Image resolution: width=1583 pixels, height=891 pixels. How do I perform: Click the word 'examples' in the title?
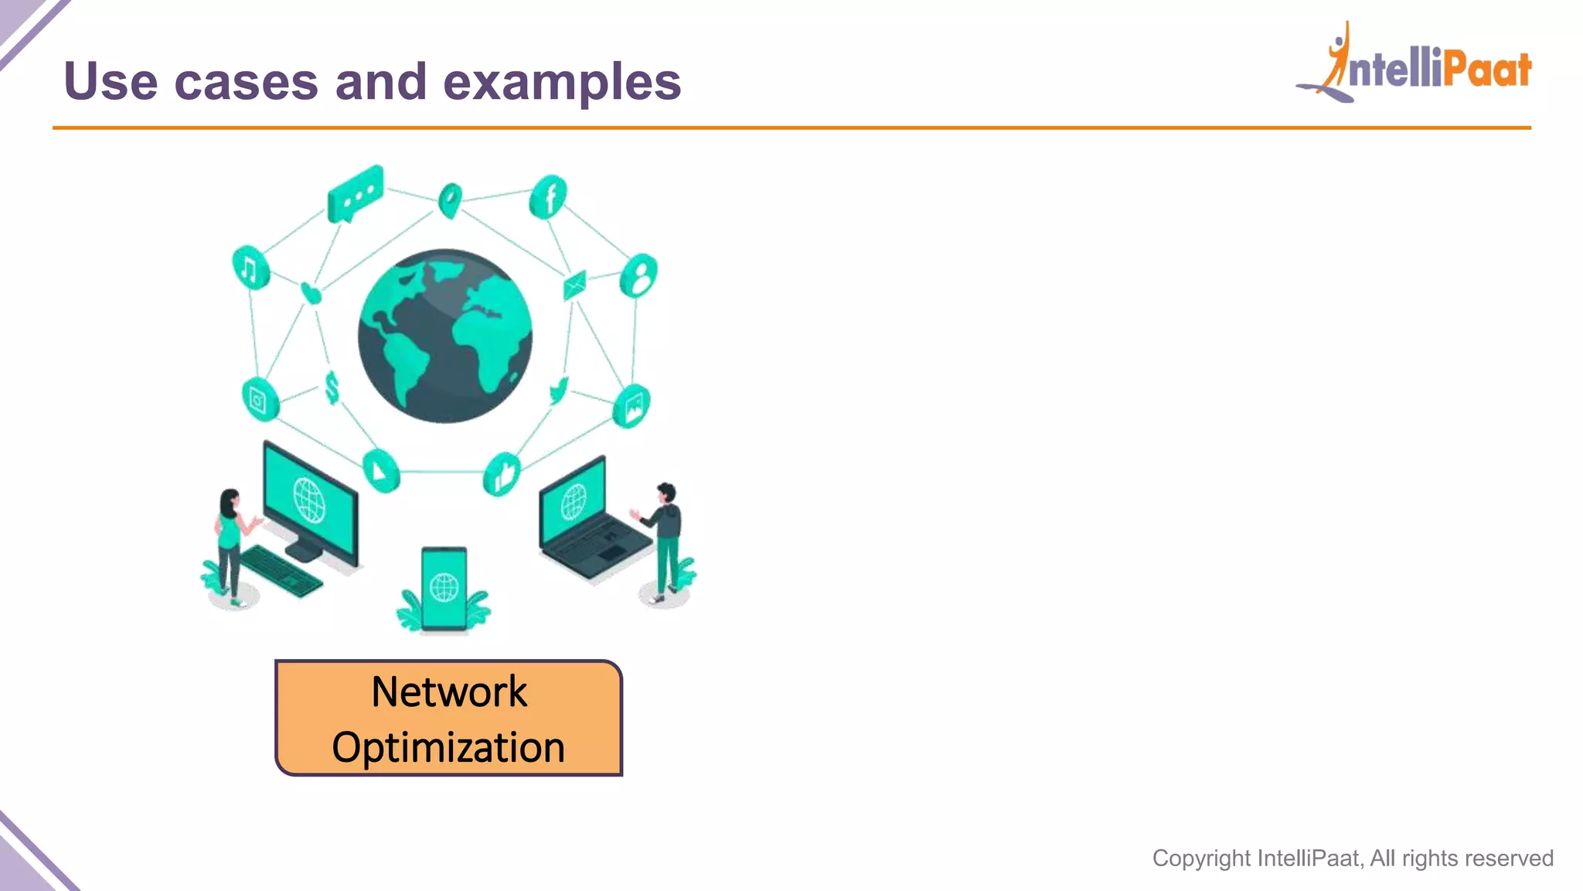tap(562, 82)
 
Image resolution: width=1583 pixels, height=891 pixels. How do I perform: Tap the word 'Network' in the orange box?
tap(448, 691)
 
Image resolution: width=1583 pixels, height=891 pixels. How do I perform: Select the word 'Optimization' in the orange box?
tap(448, 747)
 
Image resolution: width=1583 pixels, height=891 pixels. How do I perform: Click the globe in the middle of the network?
tap(445, 336)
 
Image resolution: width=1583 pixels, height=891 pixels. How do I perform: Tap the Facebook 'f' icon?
tap(548, 197)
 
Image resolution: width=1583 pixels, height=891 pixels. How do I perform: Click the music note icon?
tap(250, 268)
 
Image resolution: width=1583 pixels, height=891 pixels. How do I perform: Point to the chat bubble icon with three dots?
tap(355, 193)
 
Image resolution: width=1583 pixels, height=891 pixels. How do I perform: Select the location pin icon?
tap(450, 200)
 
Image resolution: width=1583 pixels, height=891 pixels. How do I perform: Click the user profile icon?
tap(639, 275)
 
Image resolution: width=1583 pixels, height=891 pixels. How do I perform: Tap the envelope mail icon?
tap(575, 285)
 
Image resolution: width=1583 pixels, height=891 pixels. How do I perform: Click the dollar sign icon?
tap(332, 387)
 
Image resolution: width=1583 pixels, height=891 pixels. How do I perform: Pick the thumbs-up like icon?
tap(502, 473)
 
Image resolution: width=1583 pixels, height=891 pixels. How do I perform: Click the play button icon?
tap(380, 469)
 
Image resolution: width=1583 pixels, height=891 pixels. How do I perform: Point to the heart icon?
tap(311, 293)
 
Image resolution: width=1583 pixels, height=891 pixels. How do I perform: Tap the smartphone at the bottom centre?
tap(444, 588)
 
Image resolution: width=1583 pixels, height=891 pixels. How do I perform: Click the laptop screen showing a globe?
tap(574, 500)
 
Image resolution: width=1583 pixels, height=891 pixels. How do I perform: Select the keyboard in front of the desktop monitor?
tap(281, 571)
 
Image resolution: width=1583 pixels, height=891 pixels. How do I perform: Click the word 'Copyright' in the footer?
tap(1200, 859)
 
